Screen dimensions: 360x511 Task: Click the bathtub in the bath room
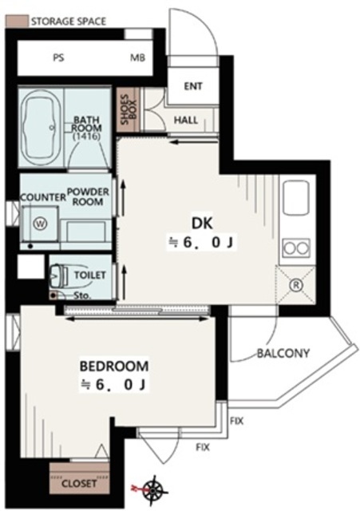[41, 129]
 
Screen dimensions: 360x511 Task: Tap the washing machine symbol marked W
[41, 224]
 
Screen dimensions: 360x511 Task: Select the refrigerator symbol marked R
[296, 286]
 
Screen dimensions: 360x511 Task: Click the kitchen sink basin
[296, 198]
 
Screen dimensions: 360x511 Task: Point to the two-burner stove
[296, 248]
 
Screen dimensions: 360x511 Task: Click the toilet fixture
[58, 275]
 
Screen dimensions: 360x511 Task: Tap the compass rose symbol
[154, 489]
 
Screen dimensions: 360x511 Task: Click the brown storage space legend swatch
[17, 22]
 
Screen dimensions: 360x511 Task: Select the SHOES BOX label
[129, 110]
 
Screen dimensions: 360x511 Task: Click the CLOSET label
[79, 483]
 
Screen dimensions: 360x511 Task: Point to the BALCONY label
[283, 353]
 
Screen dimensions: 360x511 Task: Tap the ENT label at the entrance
[193, 86]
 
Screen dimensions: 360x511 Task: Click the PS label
[58, 58]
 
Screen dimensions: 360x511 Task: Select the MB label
[137, 58]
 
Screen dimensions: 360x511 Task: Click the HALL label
[186, 121]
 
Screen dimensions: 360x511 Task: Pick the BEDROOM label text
[114, 366]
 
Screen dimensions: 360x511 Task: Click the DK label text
[202, 224]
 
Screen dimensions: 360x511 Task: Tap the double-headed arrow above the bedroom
[136, 319]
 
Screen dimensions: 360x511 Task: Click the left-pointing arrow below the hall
[194, 142]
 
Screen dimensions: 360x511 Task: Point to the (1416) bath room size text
[86, 137]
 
